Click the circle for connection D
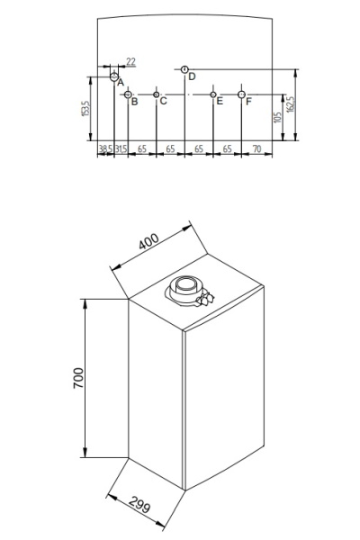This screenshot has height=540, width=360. (x=184, y=69)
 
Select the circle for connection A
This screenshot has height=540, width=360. (x=113, y=76)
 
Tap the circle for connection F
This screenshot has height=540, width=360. (x=241, y=94)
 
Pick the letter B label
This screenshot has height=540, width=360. (x=134, y=102)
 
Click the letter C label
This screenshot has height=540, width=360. (x=163, y=101)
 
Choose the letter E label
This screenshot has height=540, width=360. (x=219, y=101)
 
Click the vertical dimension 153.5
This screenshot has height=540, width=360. (x=85, y=109)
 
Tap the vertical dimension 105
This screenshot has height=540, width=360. (x=275, y=117)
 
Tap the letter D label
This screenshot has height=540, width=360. (x=192, y=76)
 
